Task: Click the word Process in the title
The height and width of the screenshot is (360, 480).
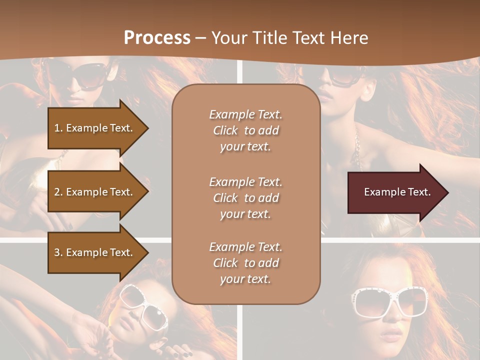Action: [157, 38]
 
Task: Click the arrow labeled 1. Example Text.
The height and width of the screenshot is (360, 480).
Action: [94, 128]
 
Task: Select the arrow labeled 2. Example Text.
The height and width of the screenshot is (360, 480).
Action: [94, 192]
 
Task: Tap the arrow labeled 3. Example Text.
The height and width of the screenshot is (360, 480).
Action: [94, 252]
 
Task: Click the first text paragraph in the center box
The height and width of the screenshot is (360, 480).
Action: [245, 130]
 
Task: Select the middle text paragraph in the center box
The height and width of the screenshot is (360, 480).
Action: [245, 198]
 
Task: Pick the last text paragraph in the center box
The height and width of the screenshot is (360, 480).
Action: [245, 263]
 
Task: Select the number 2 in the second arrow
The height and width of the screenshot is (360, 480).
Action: [57, 192]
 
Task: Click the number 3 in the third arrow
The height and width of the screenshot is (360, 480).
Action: [57, 252]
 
